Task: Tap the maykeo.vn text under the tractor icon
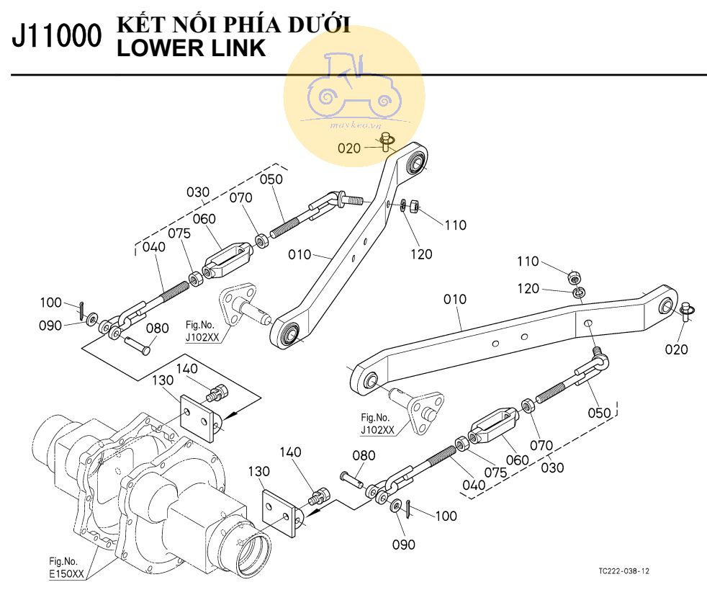tap(353, 125)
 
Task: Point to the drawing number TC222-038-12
tap(624, 571)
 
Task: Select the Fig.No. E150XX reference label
tap(66, 567)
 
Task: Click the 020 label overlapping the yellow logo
tap(349, 148)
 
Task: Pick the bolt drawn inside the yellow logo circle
tap(386, 140)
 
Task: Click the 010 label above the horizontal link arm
tap(454, 298)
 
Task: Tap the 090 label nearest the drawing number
tap(404, 545)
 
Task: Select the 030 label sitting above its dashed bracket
tap(197, 192)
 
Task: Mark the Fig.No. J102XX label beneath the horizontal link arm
tap(378, 425)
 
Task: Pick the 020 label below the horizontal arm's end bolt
tap(676, 349)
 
